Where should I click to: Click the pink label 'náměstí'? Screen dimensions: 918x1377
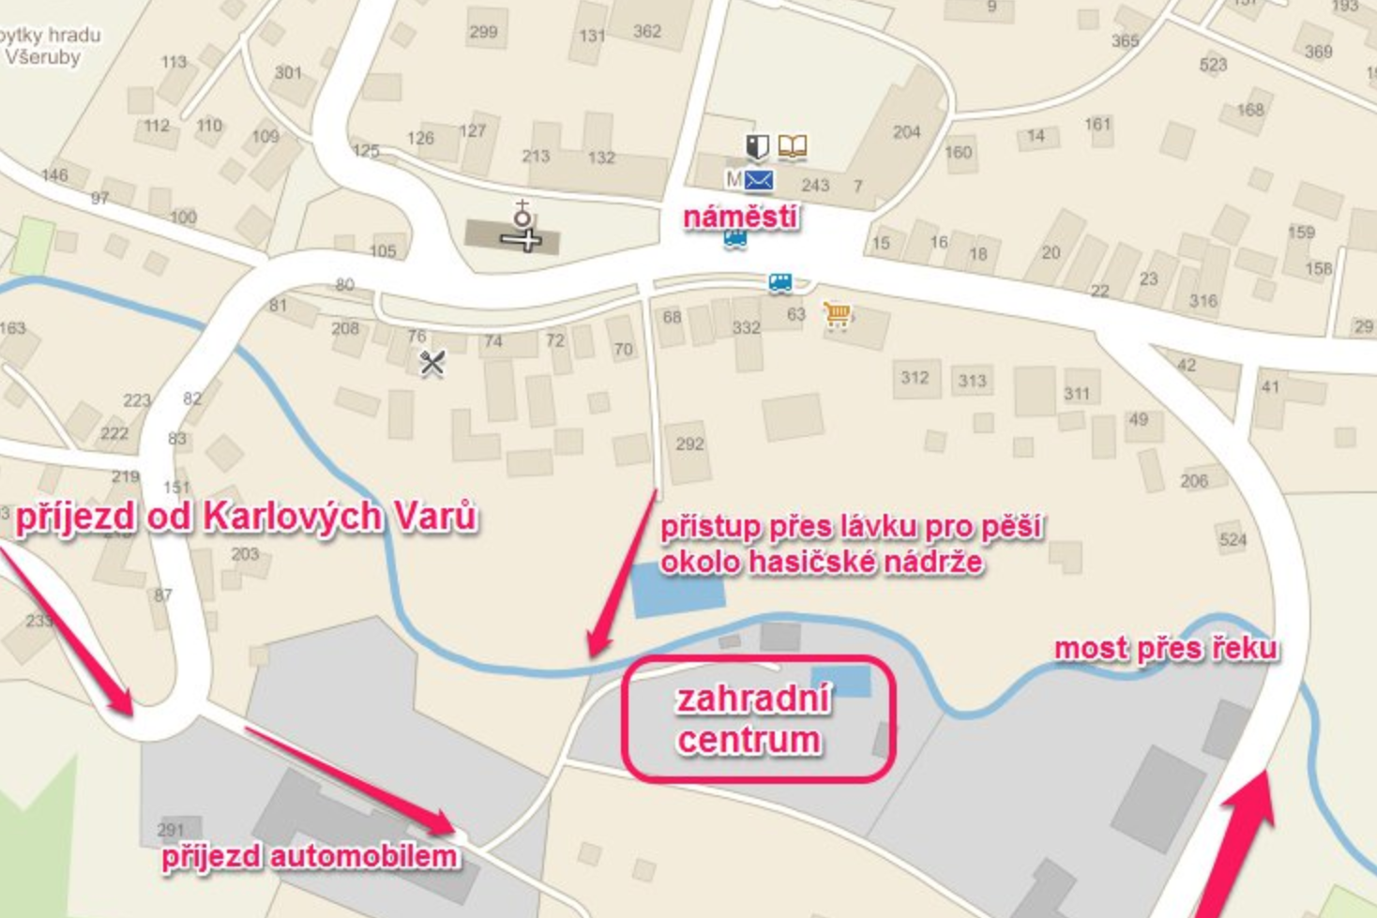(x=741, y=217)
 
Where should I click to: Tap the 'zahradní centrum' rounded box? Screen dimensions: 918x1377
(x=758, y=719)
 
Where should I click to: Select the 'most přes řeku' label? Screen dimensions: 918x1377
(x=1166, y=649)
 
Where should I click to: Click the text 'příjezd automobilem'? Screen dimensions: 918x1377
(x=310, y=856)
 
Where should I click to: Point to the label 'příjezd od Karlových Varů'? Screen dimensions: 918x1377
(x=247, y=518)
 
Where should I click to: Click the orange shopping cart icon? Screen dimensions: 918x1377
(x=837, y=315)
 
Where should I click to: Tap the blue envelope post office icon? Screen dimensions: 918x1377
(x=758, y=179)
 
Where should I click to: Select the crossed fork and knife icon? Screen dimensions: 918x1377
(x=431, y=363)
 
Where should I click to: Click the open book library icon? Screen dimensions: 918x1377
(x=793, y=146)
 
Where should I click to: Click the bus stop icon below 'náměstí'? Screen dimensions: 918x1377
(x=735, y=240)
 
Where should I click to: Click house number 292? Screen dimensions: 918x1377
(x=689, y=444)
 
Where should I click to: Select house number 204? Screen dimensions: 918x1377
(x=906, y=132)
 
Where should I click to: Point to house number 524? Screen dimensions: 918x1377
(x=1233, y=539)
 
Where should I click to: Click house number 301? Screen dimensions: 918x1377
(x=288, y=72)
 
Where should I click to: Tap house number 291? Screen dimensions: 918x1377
(x=171, y=830)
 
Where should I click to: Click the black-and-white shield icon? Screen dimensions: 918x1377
(x=757, y=146)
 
